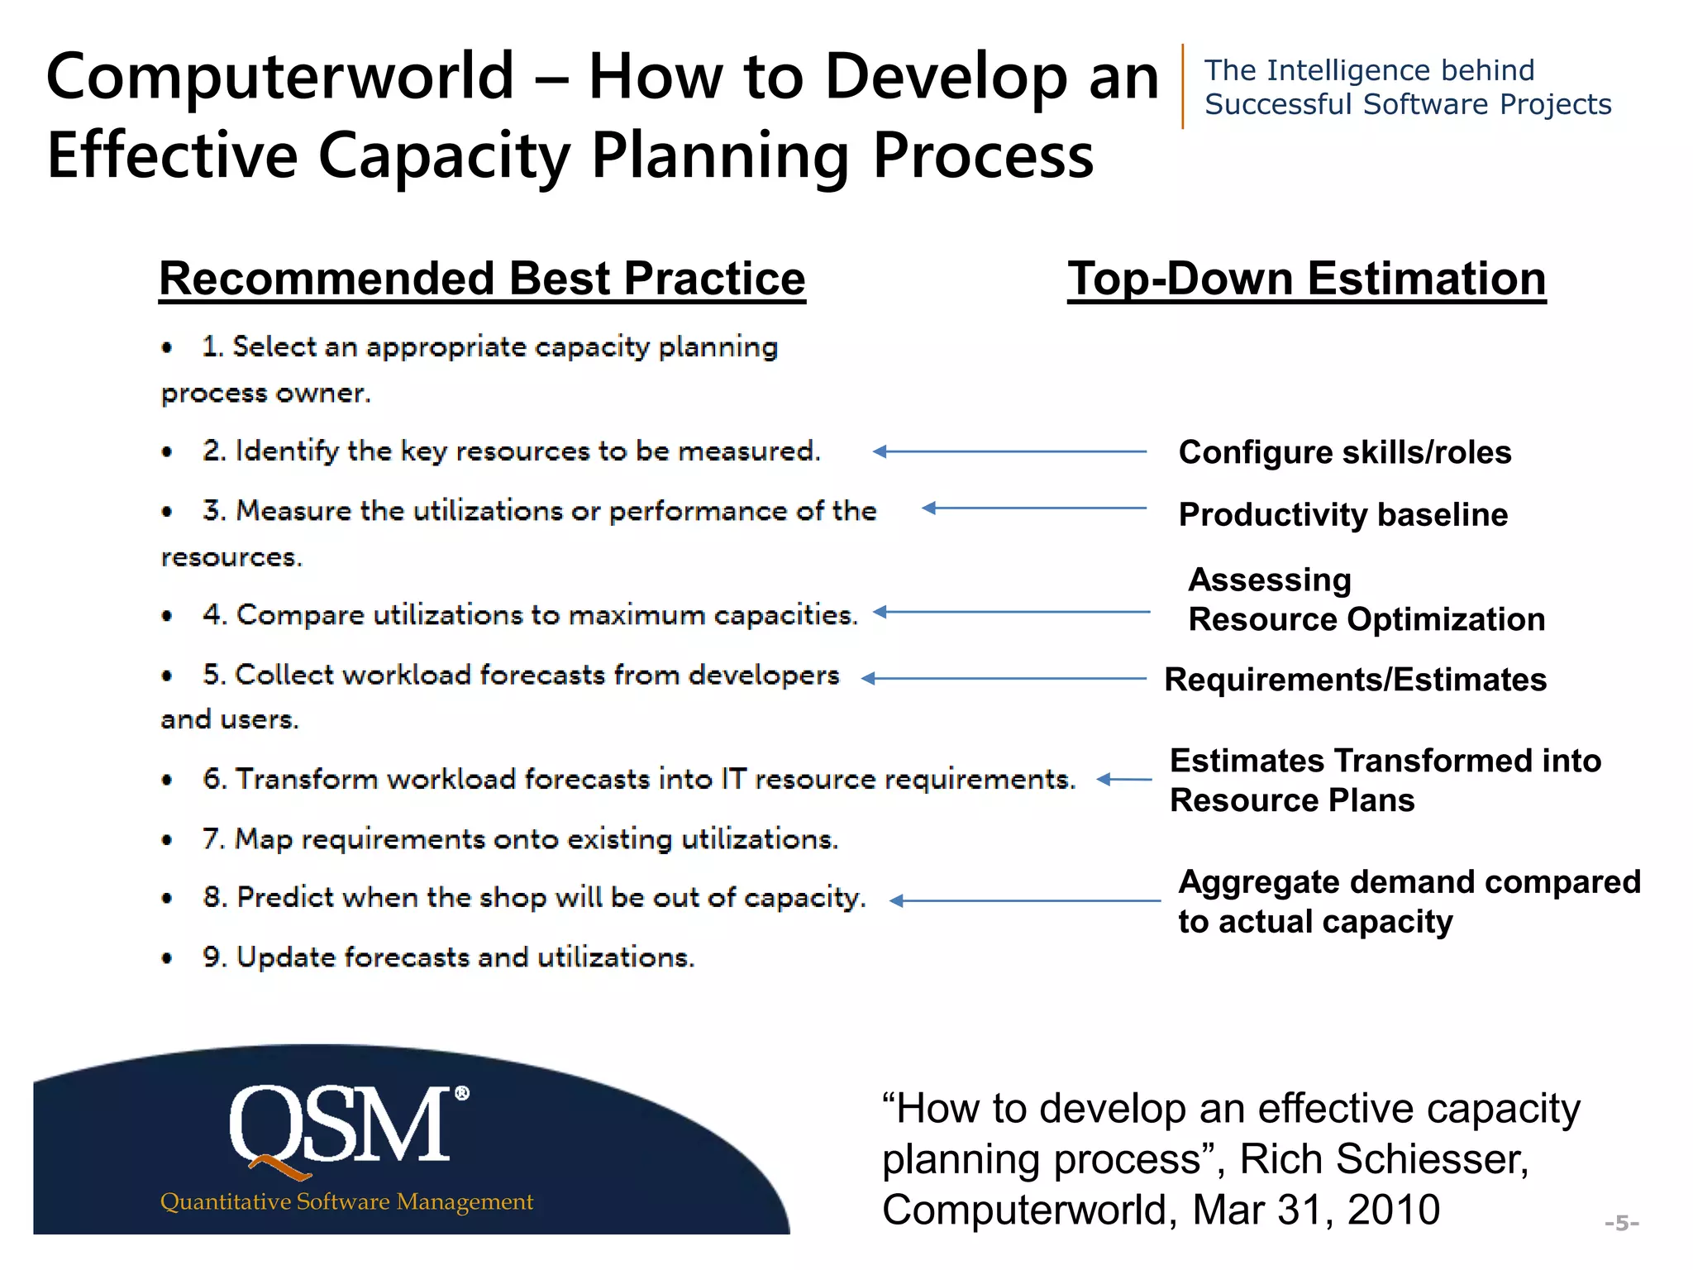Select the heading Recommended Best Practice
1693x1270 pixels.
pos(482,279)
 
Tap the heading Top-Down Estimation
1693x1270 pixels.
pos(1306,279)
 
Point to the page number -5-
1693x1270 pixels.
pos(1621,1223)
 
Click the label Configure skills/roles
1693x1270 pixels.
pos(1344,452)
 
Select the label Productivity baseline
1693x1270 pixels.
pos(1342,514)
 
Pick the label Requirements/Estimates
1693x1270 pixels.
pos(1355,680)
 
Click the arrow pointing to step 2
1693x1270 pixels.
pos(1009,451)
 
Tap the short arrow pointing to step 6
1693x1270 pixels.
pos(1123,779)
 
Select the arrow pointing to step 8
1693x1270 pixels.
pos(1024,900)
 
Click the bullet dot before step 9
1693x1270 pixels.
pos(168,959)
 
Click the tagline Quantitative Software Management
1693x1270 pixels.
pos(346,1201)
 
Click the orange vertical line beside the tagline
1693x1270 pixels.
pos(1183,86)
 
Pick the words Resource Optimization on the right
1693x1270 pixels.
pos(1366,619)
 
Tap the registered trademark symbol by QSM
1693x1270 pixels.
pos(462,1093)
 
